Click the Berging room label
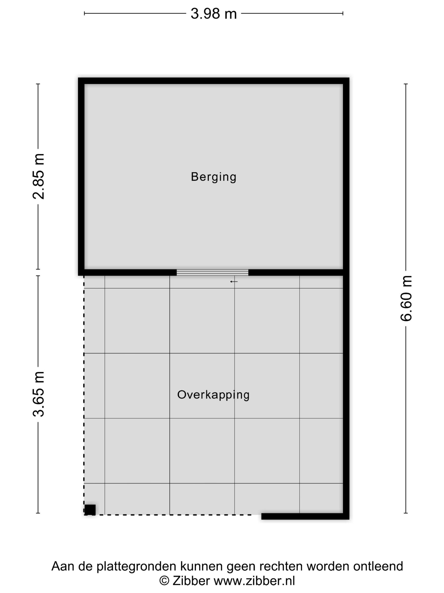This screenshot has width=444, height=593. point(213,177)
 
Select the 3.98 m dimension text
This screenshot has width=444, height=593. point(213,14)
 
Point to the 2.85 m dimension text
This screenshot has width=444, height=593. point(38,176)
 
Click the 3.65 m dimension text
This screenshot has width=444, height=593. point(38,394)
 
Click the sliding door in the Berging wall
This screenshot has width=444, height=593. point(212,272)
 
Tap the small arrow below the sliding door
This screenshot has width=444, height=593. point(234,281)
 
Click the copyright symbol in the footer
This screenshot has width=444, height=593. point(164,581)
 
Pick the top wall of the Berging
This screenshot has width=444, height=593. point(213,81)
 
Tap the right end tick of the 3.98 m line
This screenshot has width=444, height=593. point(343,13)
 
